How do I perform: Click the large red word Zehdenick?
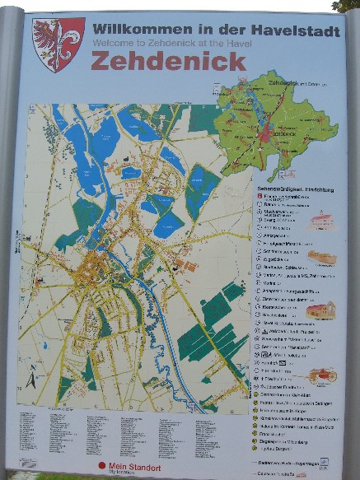(168, 61)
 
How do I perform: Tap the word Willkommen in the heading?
(135, 28)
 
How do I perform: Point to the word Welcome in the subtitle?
(112, 40)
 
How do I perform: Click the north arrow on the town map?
(31, 380)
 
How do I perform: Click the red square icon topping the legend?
(258, 197)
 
